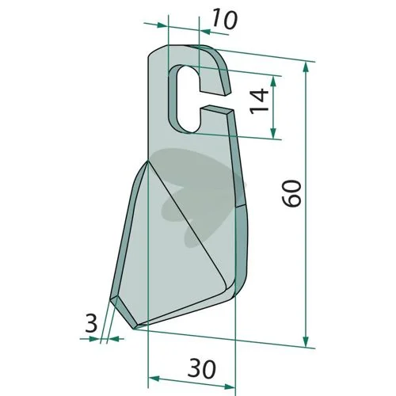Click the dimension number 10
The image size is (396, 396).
click(x=224, y=18)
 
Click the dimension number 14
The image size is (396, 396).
click(x=260, y=101)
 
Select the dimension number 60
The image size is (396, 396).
click(x=291, y=193)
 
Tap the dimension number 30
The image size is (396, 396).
click(x=202, y=369)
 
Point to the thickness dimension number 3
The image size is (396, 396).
click(x=91, y=324)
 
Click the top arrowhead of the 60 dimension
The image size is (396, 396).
click(x=306, y=67)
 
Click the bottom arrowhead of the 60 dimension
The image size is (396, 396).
click(x=306, y=341)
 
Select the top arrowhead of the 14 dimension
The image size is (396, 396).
click(x=273, y=82)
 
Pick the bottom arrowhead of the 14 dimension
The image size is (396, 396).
click(x=273, y=132)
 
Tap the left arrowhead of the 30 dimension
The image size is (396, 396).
click(x=154, y=379)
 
